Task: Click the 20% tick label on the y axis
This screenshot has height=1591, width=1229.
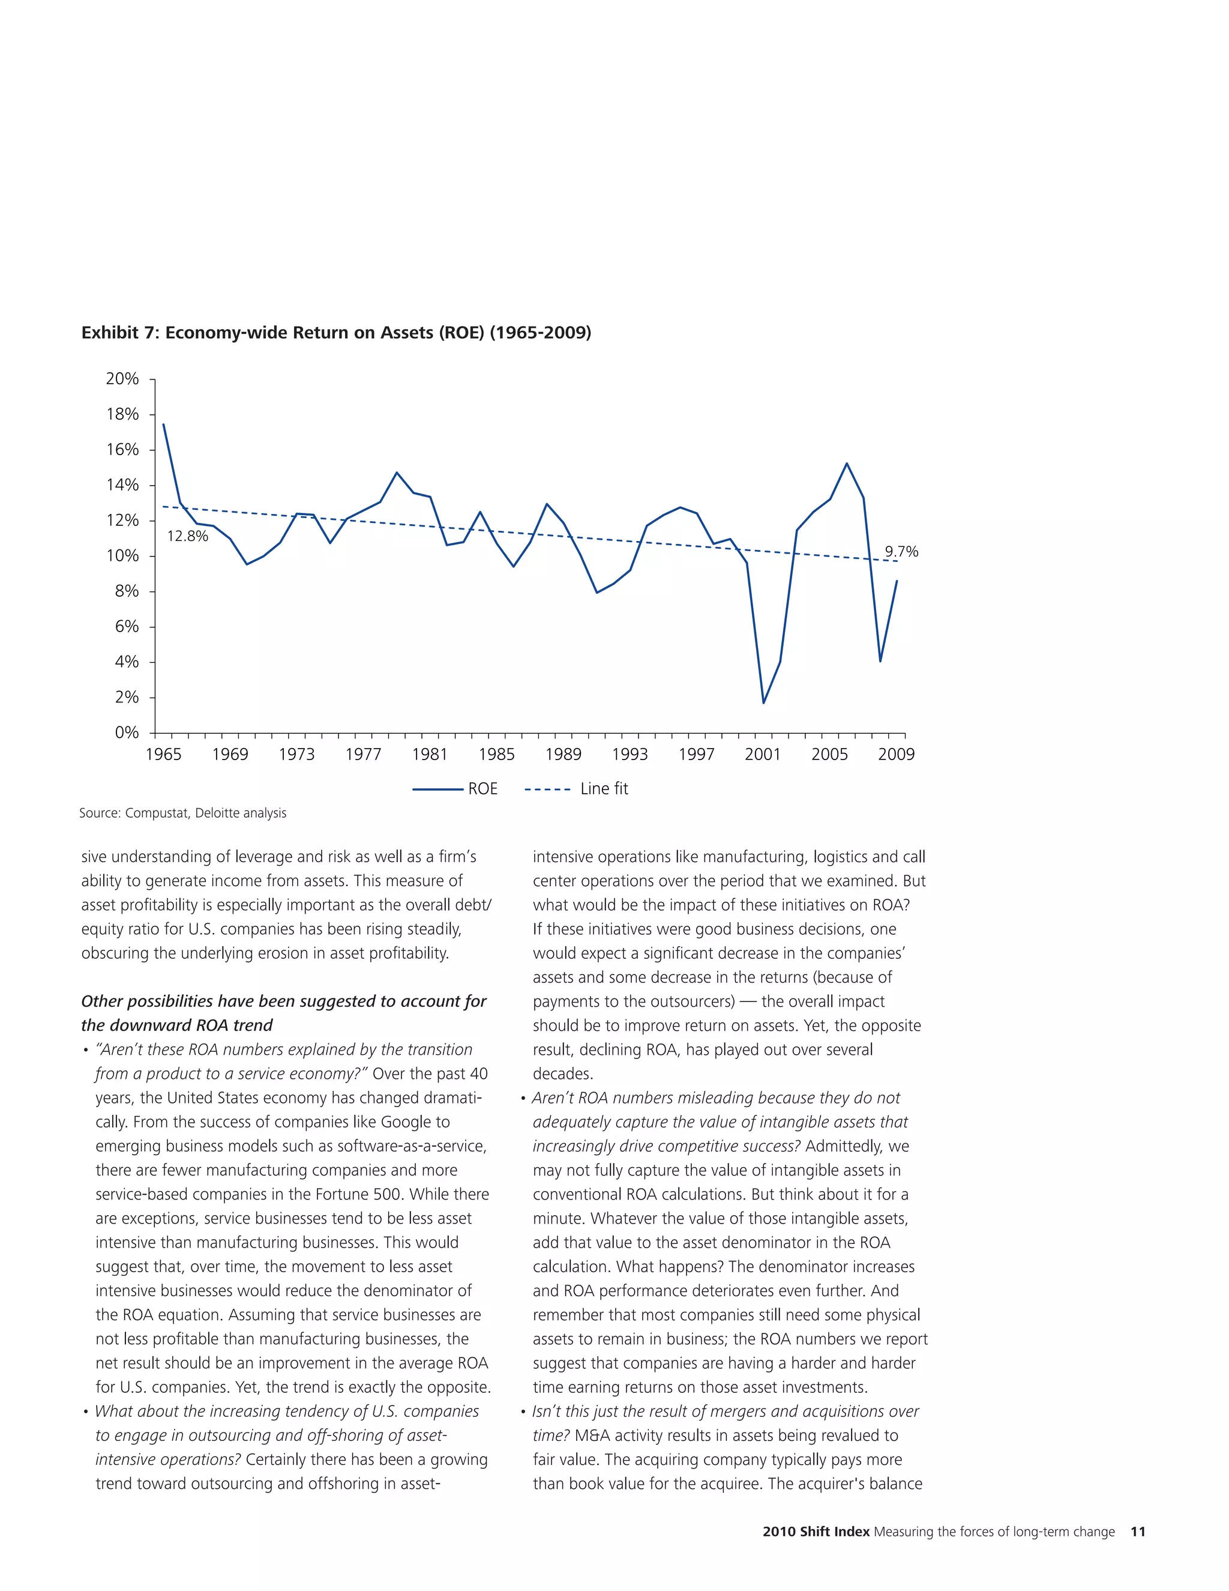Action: pos(122,379)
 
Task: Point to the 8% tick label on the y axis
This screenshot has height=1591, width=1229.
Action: pos(127,591)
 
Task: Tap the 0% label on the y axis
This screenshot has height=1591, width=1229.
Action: pos(127,733)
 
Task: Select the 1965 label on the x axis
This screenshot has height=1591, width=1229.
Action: pos(163,755)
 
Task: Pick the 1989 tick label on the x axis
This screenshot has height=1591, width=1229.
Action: pos(563,755)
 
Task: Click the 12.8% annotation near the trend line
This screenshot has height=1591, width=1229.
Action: pos(187,537)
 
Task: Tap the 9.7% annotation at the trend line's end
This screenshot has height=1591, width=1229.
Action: pos(901,552)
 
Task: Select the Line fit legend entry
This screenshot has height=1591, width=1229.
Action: pos(577,789)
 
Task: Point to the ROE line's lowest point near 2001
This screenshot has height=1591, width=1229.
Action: pos(764,703)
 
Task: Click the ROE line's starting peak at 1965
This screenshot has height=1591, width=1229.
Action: pos(163,424)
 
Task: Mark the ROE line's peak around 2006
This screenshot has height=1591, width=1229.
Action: pos(847,463)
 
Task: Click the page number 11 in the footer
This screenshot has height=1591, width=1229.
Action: pos(1138,1532)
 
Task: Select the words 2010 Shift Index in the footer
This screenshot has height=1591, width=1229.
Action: pos(816,1532)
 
